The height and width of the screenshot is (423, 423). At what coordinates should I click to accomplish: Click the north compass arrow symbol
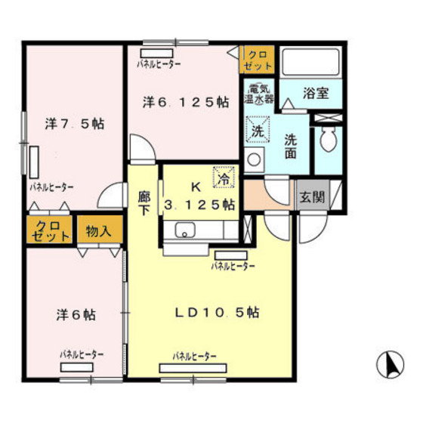coord(390,365)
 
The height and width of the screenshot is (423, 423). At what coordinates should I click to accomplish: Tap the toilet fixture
coord(328,140)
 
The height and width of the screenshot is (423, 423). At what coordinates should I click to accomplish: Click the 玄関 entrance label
coord(313,196)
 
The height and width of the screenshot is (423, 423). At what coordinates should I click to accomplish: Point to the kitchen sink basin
coord(185,230)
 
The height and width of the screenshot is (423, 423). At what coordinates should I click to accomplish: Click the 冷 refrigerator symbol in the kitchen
coord(224,177)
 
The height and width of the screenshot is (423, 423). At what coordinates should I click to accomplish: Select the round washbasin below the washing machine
coord(254,159)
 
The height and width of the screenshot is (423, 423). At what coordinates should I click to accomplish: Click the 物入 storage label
coord(98,230)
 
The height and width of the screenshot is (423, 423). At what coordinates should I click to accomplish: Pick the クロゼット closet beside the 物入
coord(49,230)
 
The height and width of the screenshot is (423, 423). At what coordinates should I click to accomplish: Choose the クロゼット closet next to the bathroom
coord(257,60)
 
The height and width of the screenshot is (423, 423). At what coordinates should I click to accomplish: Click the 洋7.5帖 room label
coord(75,124)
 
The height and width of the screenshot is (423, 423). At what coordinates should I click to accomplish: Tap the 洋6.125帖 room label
coord(186,102)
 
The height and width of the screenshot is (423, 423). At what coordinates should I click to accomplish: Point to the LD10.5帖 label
coord(218,313)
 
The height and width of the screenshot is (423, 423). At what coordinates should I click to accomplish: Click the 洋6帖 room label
coord(76,314)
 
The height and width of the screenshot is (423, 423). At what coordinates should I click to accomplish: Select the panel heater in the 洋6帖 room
coord(77,367)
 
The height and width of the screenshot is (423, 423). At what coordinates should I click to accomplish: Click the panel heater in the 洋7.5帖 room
coord(34,162)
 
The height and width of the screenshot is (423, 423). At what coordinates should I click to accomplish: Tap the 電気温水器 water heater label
coord(258,94)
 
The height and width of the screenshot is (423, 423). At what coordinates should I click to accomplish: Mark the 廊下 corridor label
coord(144,203)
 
